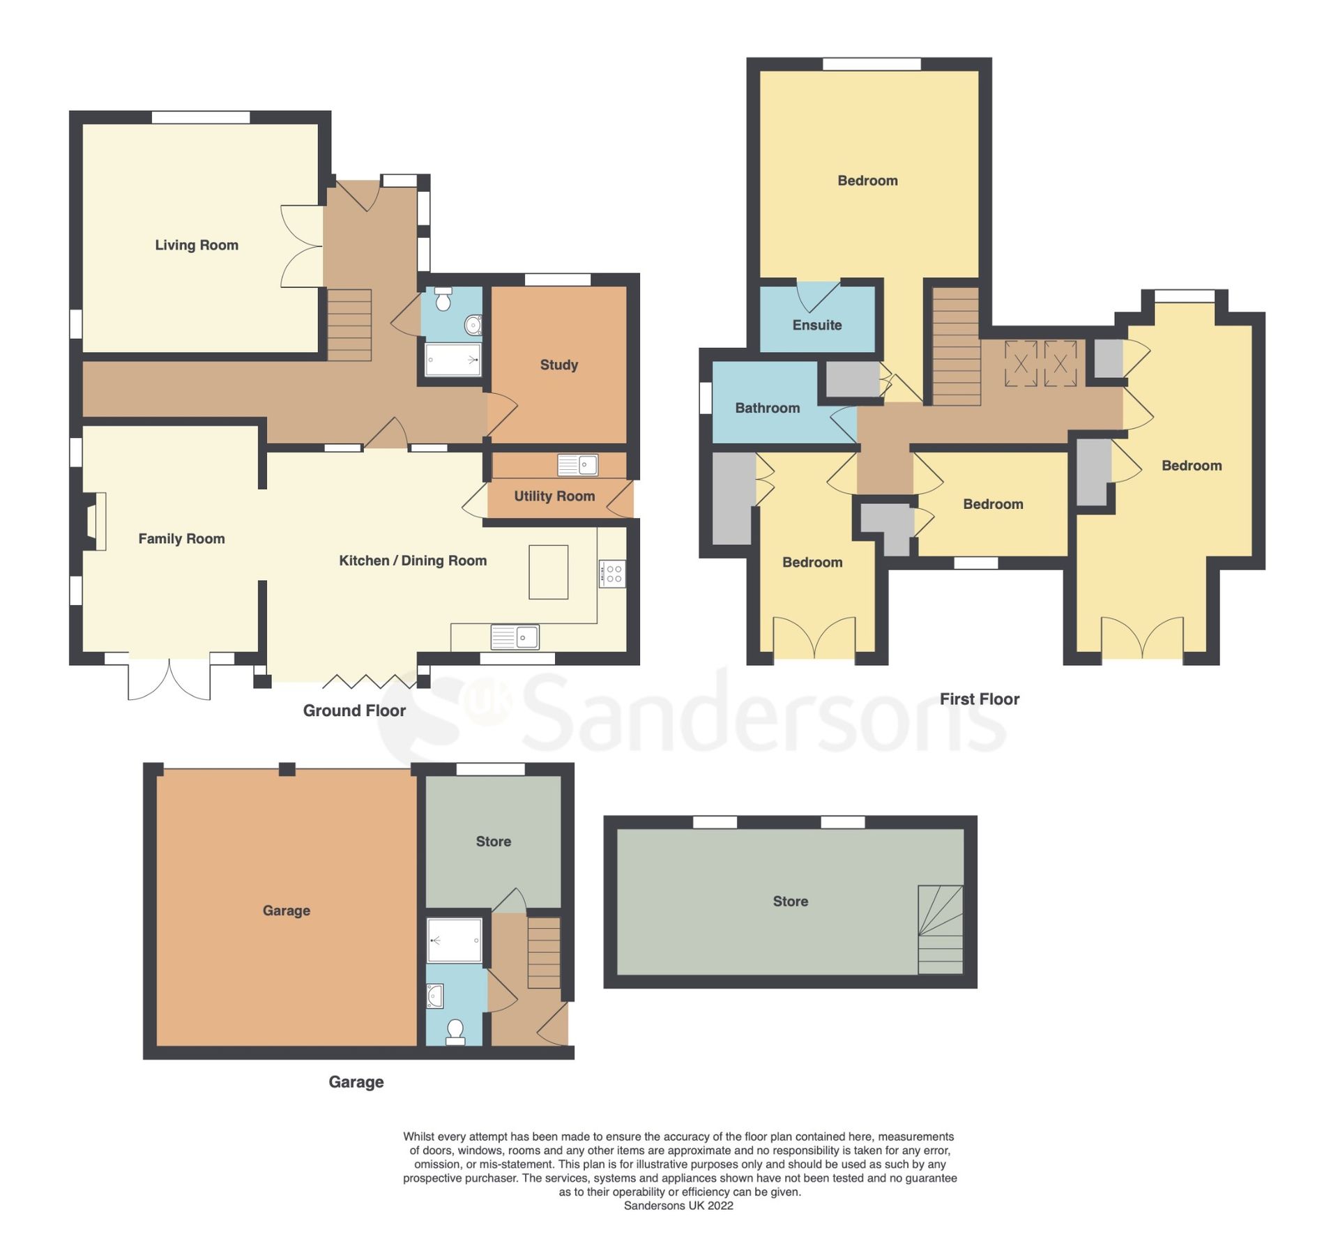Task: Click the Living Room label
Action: click(x=196, y=245)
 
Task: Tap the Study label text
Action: click(x=558, y=365)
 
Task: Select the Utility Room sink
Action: click(x=577, y=464)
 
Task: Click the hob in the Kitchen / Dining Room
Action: click(x=611, y=574)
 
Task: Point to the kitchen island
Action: click(x=547, y=572)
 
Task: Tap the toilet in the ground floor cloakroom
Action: click(x=443, y=300)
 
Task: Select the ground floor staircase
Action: click(x=349, y=325)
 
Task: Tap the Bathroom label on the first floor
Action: click(x=766, y=408)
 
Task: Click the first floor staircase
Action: click(x=955, y=346)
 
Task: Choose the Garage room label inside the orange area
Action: click(x=286, y=911)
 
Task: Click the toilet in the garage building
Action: click(x=455, y=1032)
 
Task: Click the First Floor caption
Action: click(x=978, y=699)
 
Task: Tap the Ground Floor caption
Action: click(x=353, y=710)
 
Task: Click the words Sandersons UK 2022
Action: click(x=678, y=1205)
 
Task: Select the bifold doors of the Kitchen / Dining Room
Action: click(x=370, y=681)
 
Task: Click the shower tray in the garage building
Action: click(x=454, y=941)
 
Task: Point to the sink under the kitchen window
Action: click(x=514, y=637)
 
